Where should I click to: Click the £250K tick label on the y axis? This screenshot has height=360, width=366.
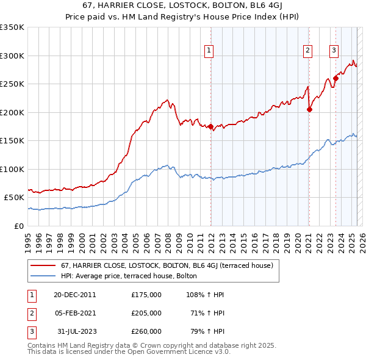[12, 84]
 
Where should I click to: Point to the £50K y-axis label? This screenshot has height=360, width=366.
[14, 198]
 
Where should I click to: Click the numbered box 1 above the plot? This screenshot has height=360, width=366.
[209, 51]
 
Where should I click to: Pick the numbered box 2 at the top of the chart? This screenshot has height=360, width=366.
[308, 51]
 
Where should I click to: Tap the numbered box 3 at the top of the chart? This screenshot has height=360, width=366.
[334, 51]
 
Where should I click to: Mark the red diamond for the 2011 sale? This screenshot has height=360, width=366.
[211, 127]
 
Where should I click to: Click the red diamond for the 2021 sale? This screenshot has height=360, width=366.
[310, 110]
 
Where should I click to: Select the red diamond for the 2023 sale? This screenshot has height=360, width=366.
[336, 79]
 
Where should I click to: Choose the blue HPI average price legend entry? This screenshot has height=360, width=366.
[129, 276]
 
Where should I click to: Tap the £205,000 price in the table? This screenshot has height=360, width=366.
[146, 313]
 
